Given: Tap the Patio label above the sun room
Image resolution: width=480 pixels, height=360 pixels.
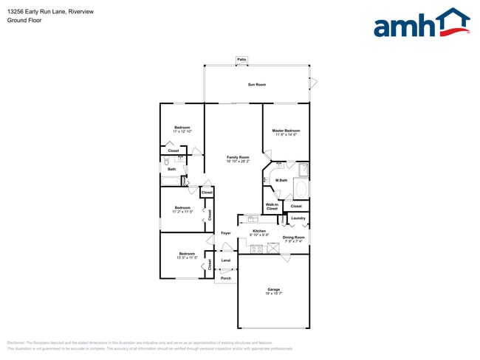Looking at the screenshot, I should click(241, 60).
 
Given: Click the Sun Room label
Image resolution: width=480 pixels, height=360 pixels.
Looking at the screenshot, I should click(257, 86).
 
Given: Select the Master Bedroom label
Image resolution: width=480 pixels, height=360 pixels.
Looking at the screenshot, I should click(286, 133).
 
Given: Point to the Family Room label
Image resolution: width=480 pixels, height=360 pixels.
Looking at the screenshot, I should click(238, 159).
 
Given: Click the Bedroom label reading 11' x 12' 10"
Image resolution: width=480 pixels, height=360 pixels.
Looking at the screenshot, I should click(182, 130).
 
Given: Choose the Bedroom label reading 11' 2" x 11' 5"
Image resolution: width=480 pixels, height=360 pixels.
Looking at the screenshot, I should click(182, 210).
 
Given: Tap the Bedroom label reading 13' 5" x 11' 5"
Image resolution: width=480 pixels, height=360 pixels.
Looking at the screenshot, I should click(182, 255).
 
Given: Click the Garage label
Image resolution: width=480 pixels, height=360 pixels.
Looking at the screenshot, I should click(273, 291).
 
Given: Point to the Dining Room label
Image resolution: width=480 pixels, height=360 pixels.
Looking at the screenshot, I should click(293, 239).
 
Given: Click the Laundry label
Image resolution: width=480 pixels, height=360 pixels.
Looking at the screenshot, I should click(298, 218).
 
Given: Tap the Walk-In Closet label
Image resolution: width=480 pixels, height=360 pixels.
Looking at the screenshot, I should click(272, 207).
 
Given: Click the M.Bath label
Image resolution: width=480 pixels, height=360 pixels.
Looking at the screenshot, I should click(281, 181).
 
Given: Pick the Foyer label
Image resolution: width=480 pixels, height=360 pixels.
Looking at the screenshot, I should click(226, 233).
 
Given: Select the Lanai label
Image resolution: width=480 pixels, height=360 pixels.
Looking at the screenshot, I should click(226, 260).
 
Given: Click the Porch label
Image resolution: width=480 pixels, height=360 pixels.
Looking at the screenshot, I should click(226, 278).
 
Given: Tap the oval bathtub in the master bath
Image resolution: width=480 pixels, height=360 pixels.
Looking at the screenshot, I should click(301, 189).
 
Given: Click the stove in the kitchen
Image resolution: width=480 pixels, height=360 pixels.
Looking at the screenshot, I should click(257, 249).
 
